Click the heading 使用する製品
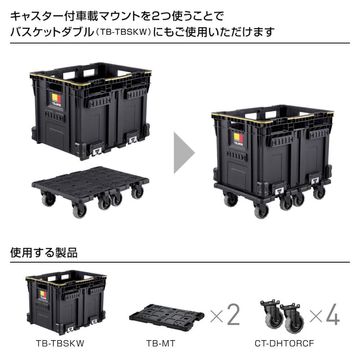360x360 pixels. pyautogui.click(x=44, y=252)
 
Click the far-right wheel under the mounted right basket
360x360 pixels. pyautogui.click(x=319, y=193)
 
